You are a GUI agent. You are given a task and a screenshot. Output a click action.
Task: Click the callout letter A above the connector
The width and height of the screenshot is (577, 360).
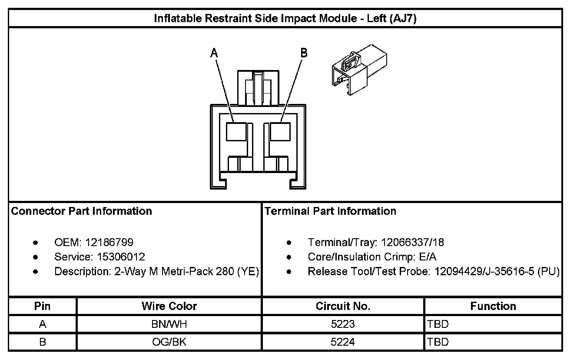pos(214,53)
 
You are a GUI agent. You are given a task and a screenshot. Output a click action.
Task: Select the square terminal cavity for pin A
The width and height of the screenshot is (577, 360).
pos(236,131)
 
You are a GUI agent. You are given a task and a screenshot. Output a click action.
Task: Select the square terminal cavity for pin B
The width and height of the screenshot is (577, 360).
pos(280,131)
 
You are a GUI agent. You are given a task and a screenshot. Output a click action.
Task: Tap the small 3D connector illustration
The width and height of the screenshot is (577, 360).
pos(358,69)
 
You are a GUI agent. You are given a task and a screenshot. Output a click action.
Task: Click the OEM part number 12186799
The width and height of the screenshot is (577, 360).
pos(109,242)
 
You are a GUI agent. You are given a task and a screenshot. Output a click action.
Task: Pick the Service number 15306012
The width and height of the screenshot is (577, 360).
pos(119,257)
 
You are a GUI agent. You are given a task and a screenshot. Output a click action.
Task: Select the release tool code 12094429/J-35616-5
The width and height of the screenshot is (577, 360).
pos(483,272)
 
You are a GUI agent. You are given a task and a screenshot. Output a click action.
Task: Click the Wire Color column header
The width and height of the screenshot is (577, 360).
pos(169,306)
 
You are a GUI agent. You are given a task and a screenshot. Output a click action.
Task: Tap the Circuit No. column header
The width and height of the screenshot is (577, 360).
pos(343,306)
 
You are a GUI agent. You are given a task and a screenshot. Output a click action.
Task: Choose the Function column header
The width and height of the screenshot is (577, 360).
pos(493,306)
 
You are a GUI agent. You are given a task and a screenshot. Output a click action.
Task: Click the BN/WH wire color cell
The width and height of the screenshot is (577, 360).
pos(169,324)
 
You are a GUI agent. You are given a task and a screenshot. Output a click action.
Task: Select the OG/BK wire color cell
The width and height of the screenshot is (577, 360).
pos(169,342)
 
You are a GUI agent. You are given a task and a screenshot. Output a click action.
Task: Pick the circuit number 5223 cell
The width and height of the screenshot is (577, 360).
pos(343,324)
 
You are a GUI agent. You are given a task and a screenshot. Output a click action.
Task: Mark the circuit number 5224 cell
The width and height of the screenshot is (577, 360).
pos(343,342)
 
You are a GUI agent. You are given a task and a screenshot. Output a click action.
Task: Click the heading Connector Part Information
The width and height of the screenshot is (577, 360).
pos(81,211)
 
